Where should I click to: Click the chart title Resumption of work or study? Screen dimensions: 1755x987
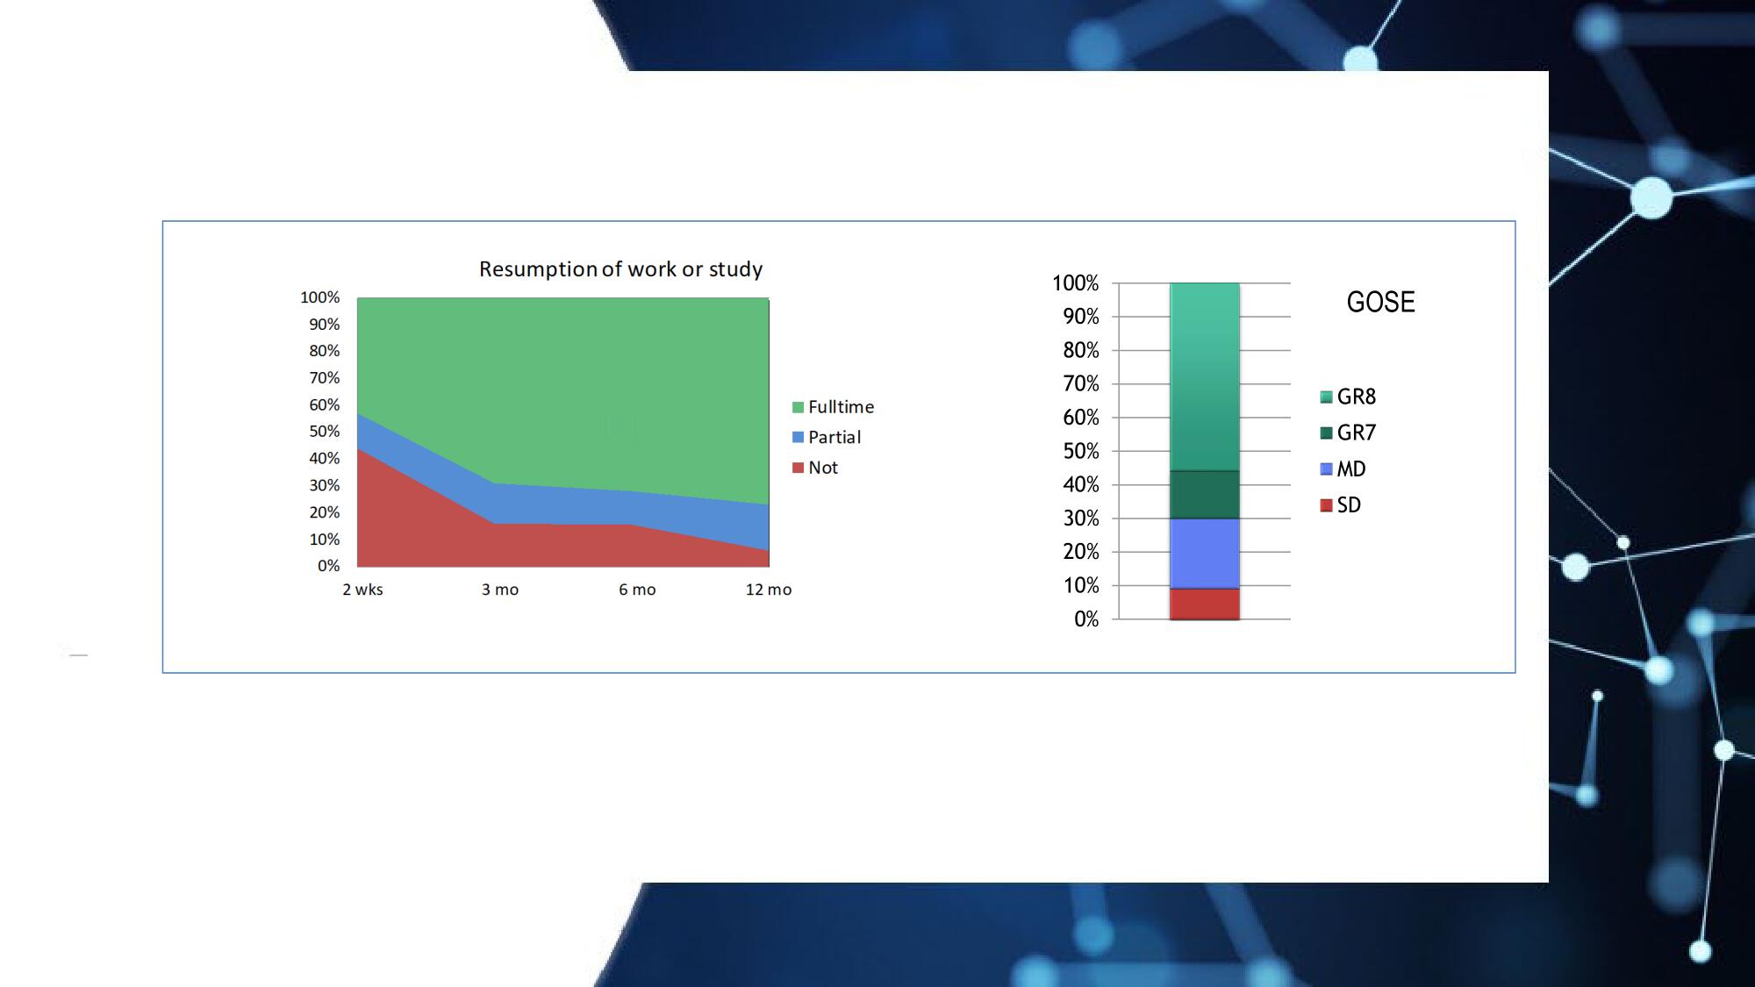[620, 269]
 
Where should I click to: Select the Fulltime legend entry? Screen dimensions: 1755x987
[833, 407]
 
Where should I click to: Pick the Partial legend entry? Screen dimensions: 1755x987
[826, 437]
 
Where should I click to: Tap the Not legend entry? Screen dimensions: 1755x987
[814, 468]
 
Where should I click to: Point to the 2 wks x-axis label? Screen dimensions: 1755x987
[362, 590]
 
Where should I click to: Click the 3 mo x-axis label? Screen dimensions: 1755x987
[500, 590]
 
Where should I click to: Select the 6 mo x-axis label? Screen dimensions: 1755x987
[637, 590]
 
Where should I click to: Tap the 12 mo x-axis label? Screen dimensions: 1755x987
[769, 590]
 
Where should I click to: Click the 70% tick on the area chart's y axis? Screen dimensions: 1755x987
[324, 378]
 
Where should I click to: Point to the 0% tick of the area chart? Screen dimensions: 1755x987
[328, 566]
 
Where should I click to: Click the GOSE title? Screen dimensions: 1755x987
[1380, 302]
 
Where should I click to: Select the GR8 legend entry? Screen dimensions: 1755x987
[1348, 397]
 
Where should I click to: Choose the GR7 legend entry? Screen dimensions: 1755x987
[1348, 433]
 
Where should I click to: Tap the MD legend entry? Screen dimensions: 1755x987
[1343, 468]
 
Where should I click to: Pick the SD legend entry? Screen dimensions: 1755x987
[1340, 504]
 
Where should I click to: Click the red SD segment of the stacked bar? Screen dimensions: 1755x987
[1205, 604]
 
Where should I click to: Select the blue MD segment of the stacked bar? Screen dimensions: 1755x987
[1205, 554]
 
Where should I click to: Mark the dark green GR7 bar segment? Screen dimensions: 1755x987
[1205, 495]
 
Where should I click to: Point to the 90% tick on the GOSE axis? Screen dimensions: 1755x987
[1081, 317]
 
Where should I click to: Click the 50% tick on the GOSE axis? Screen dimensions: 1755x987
[1081, 451]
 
